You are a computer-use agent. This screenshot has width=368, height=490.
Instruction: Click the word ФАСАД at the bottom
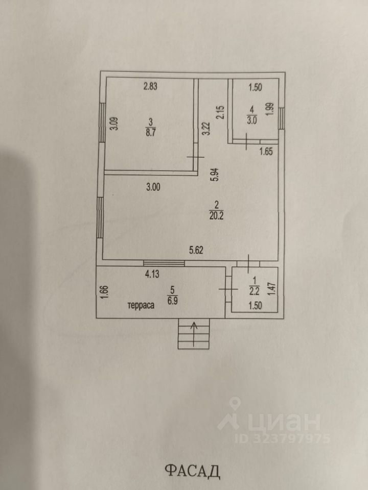pos(193,470)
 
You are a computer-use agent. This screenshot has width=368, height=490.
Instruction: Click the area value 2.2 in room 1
pos(254,291)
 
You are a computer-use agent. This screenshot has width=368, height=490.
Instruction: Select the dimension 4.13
pos(152,274)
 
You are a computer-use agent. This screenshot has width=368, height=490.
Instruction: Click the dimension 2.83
pos(150,86)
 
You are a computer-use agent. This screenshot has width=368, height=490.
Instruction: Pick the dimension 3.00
pos(153,187)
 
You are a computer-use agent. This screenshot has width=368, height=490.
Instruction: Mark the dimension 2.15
pos(221,112)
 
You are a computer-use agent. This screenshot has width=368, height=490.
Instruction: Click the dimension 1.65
pos(267,151)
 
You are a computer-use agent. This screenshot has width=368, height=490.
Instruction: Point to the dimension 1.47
pos(272,289)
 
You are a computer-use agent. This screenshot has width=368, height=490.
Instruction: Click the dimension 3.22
pos(206,127)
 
